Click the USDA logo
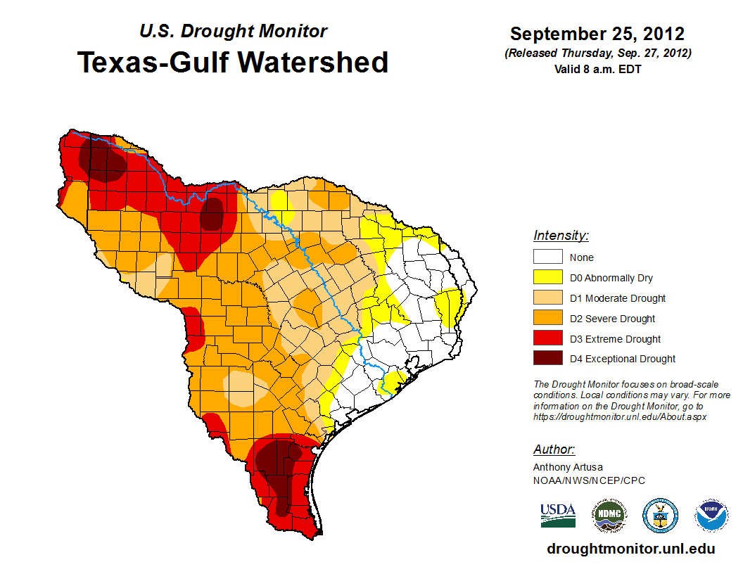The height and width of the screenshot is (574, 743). pyautogui.click(x=558, y=515)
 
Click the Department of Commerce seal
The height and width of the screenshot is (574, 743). pyautogui.click(x=660, y=516)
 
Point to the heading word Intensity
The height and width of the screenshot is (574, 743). pyautogui.click(x=561, y=236)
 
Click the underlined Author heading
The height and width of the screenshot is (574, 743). pyautogui.click(x=554, y=449)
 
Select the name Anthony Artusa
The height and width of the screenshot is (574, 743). pyautogui.click(x=568, y=467)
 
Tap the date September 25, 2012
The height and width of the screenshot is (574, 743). pyautogui.click(x=597, y=34)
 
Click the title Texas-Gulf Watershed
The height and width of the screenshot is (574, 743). pyautogui.click(x=233, y=62)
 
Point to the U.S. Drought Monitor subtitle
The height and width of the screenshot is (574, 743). pyautogui.click(x=233, y=32)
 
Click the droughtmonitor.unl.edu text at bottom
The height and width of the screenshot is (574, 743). pyautogui.click(x=630, y=549)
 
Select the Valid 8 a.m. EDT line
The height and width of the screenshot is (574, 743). pyautogui.click(x=597, y=69)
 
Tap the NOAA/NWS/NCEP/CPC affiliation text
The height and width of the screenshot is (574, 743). pyautogui.click(x=589, y=480)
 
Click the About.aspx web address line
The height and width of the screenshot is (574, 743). pyautogui.click(x=620, y=416)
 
